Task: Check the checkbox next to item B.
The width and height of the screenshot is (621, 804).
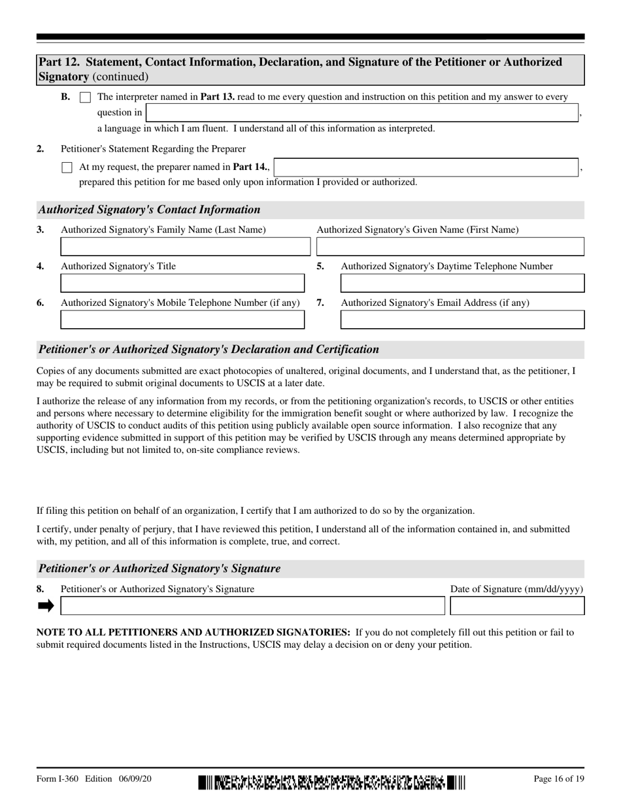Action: (85, 97)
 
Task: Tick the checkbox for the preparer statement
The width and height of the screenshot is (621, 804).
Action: (67, 167)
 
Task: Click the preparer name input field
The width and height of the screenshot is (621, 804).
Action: (426, 167)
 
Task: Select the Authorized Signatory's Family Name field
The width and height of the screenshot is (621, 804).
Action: (185, 246)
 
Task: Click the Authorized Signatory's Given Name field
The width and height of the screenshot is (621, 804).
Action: (450, 246)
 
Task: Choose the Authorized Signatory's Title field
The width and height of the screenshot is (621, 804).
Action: (182, 283)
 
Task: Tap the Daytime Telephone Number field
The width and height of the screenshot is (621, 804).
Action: (462, 283)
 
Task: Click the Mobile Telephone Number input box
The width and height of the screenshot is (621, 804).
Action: (182, 320)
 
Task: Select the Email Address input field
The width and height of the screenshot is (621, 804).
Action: (462, 320)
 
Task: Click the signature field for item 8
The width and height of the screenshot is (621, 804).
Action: (252, 606)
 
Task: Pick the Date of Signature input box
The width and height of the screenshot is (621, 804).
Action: (517, 606)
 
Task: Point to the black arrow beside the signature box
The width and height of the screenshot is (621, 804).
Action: (46, 606)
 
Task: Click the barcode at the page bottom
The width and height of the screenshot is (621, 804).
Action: (331, 782)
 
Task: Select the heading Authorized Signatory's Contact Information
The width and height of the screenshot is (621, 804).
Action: (149, 210)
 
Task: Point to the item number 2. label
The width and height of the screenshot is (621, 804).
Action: (41, 148)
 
